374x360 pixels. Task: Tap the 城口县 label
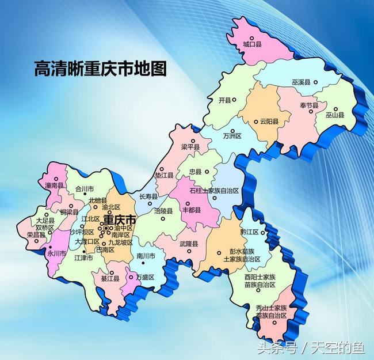[x=252, y=44]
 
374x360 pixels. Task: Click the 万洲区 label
[x=232, y=136]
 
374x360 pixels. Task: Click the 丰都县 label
[x=191, y=210]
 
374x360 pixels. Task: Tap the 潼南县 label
[x=54, y=185]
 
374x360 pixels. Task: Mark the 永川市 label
[x=57, y=252]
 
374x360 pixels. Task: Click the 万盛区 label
[x=146, y=278]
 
